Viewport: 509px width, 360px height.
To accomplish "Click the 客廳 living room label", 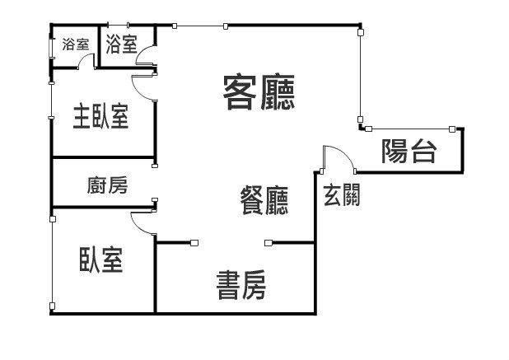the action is (259, 92).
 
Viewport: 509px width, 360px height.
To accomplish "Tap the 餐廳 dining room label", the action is (264, 200).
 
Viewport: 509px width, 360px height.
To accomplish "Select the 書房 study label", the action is (241, 285).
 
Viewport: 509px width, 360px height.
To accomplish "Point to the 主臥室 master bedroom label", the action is (101, 116).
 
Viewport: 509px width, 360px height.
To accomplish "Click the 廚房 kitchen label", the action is (107, 185).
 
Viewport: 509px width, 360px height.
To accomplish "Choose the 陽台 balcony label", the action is (409, 152).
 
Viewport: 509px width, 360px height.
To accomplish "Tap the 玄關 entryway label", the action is (342, 194).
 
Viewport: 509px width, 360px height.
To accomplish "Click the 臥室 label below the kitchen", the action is (101, 259).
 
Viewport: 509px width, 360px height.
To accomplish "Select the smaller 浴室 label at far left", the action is (76, 44).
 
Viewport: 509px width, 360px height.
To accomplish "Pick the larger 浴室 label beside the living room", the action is (122, 44).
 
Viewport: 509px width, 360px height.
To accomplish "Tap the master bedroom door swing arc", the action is (138, 91).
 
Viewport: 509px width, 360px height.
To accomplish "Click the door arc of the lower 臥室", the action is (137, 227).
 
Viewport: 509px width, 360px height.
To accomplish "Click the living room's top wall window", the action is (200, 26).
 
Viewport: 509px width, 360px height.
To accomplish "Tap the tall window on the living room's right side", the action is (360, 76).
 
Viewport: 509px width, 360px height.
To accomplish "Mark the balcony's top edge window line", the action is (410, 129).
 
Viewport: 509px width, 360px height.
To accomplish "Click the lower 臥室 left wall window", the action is (52, 263).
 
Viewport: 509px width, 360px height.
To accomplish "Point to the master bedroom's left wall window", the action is (51, 101).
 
